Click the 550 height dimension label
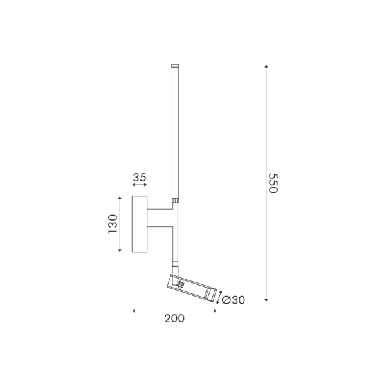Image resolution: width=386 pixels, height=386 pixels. (x=273, y=184)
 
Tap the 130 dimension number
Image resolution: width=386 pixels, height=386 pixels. (x=113, y=224)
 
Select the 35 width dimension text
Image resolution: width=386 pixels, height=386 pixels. (x=140, y=177)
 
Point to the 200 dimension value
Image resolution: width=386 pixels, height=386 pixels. (x=174, y=318)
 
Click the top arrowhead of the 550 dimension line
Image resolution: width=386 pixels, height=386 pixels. (x=266, y=66)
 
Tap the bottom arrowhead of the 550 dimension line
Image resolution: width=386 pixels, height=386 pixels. (x=266, y=300)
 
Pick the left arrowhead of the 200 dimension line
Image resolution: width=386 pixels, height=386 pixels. (x=133, y=311)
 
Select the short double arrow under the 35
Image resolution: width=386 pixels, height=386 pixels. (x=140, y=185)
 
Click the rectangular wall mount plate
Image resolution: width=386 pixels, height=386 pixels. (x=140, y=224)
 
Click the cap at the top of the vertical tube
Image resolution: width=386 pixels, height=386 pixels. (x=174, y=66)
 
